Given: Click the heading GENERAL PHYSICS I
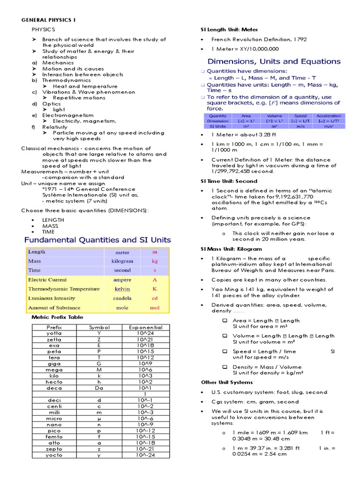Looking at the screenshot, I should coord(49,20).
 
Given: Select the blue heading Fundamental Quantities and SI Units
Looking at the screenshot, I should coord(97,240).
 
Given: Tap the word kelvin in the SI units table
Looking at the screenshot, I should coord(122,289).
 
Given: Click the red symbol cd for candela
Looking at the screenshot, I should coord(155,299).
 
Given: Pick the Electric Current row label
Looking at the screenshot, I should coord(47,280).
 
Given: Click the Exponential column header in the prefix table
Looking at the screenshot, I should coord(142,327).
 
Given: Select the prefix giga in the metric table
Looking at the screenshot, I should coord(54,363).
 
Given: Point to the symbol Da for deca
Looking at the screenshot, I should coord(99,388).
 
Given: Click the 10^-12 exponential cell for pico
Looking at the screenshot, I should coord(142,430).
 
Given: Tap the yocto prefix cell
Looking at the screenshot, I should coord(54,455).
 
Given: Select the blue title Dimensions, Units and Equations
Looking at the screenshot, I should coord(274,61).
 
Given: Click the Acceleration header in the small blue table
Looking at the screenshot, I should coord(329,116).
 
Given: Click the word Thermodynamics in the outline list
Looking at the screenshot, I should coord(60,81).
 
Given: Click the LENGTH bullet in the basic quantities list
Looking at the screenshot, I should coord(52,219).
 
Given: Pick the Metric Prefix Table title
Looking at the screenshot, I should coord(58,317).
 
